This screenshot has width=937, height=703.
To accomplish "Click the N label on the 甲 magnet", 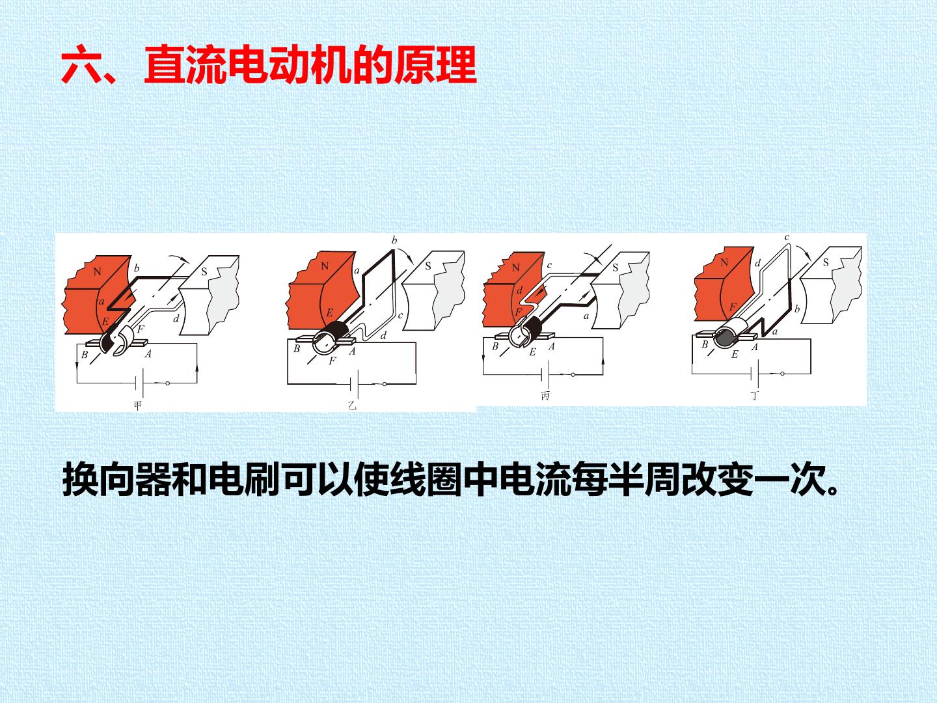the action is (x=98, y=271).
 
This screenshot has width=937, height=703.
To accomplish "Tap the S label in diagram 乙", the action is (x=428, y=266).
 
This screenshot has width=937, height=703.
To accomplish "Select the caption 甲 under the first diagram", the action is (x=137, y=405).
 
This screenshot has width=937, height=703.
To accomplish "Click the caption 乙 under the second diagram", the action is (x=352, y=405).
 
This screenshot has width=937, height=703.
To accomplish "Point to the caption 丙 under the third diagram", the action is (x=545, y=396).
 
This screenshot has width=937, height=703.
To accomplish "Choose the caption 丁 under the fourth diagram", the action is (x=755, y=396).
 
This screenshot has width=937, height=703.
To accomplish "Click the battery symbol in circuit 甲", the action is (x=140, y=383).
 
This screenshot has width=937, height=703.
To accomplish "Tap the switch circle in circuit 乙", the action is (x=385, y=384).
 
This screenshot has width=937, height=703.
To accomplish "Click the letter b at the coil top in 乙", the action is (x=394, y=241).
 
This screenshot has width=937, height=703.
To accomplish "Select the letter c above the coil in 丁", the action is (x=787, y=238).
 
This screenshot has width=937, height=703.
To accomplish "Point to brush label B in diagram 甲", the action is (x=85, y=354).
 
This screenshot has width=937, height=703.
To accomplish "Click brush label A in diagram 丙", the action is (x=552, y=346).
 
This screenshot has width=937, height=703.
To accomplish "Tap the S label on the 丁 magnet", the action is (x=826, y=262).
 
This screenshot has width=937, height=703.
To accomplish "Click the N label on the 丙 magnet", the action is (x=515, y=268).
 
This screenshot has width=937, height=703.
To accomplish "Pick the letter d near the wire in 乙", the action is (x=383, y=336).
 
